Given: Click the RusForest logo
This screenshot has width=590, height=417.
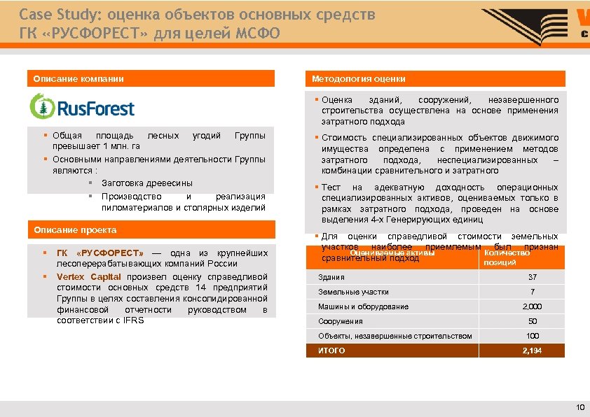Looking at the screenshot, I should pos(82,106).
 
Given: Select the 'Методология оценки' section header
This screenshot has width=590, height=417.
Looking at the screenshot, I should pos(359,79).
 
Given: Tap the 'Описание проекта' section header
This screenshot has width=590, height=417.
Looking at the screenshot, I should pos(75,230).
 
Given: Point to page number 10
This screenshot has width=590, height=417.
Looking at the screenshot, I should pos(579,407).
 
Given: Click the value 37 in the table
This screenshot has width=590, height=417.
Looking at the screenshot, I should pos(533,277).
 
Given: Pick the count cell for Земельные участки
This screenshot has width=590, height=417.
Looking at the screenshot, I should pos(533,292).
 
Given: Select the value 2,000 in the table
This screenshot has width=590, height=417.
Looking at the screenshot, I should pos(533,306).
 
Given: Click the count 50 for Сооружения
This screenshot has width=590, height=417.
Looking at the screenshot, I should pos(533,321).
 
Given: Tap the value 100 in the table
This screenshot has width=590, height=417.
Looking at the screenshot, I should pos(533,336).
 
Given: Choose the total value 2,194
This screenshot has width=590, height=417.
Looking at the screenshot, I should pos(533,351).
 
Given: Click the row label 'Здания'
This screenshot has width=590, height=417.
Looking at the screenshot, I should pos(331,277).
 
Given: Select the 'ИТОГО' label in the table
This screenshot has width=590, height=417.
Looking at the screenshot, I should pos(332,351).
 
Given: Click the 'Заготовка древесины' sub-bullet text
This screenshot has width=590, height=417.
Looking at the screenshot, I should pos(146,183).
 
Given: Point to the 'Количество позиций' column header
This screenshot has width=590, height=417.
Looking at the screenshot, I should pos(506,257).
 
